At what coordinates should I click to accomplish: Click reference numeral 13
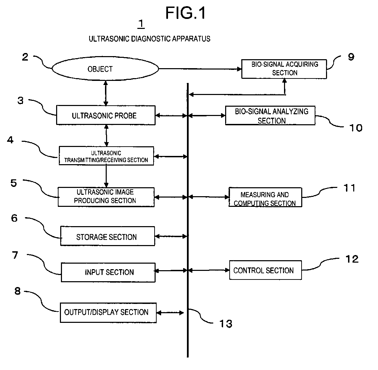click(x=226, y=324)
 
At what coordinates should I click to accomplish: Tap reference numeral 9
click(x=351, y=57)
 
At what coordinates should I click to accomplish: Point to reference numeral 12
click(x=352, y=259)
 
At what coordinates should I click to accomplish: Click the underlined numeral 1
click(x=141, y=24)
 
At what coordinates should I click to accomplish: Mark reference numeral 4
click(x=10, y=140)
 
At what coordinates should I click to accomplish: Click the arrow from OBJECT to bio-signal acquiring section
click(x=200, y=69)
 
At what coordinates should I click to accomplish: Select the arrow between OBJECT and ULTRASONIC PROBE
click(x=106, y=93)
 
